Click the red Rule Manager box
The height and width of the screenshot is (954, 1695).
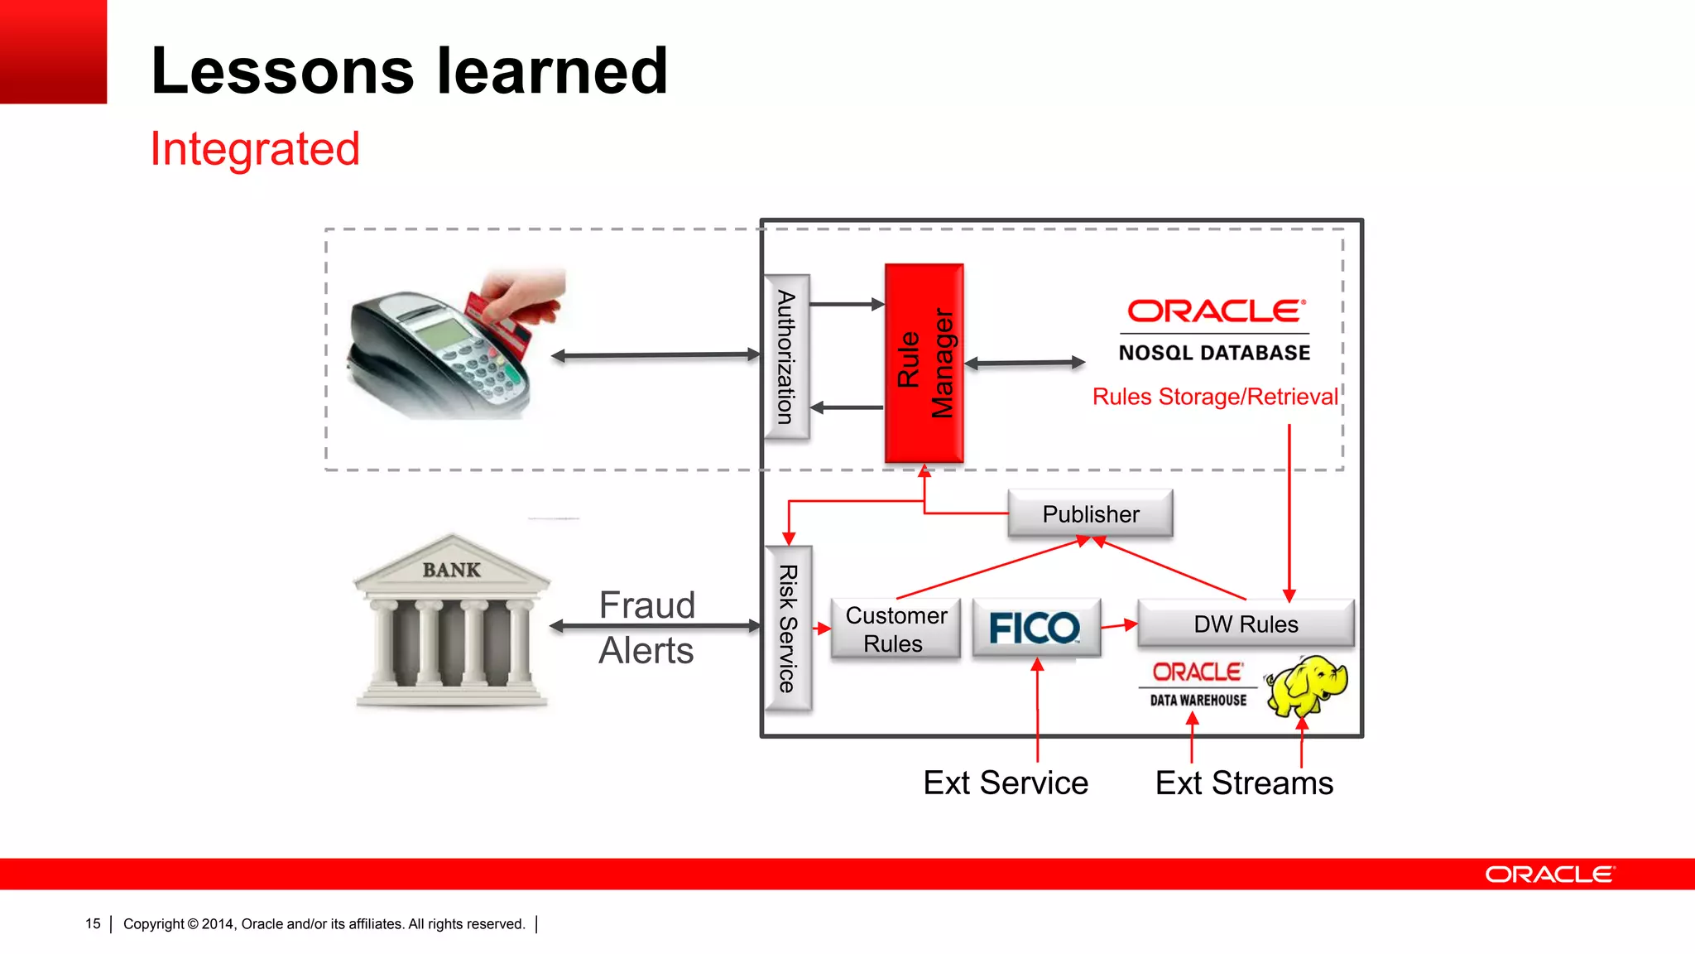click(924, 363)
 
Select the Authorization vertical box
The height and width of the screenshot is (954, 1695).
click(785, 357)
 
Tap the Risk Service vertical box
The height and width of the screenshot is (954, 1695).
click(788, 628)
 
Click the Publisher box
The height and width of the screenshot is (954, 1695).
click(1090, 513)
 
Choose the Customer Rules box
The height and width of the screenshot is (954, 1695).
click(895, 629)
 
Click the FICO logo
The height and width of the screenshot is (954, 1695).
click(1035, 628)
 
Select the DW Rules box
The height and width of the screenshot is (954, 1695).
click(1245, 624)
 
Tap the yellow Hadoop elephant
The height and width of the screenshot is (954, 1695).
click(1307, 686)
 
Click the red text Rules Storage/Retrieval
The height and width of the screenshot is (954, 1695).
click(1214, 397)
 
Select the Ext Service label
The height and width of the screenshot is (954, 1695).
click(1005, 783)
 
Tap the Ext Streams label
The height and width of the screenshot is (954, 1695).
click(1243, 783)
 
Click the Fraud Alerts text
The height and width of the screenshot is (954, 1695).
click(646, 628)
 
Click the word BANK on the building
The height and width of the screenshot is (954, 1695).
click(451, 570)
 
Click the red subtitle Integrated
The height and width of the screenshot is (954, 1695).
click(254, 149)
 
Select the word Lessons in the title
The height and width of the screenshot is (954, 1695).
click(281, 71)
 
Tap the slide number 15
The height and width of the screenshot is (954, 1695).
click(93, 923)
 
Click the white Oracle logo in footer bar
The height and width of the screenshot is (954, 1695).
click(1549, 874)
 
